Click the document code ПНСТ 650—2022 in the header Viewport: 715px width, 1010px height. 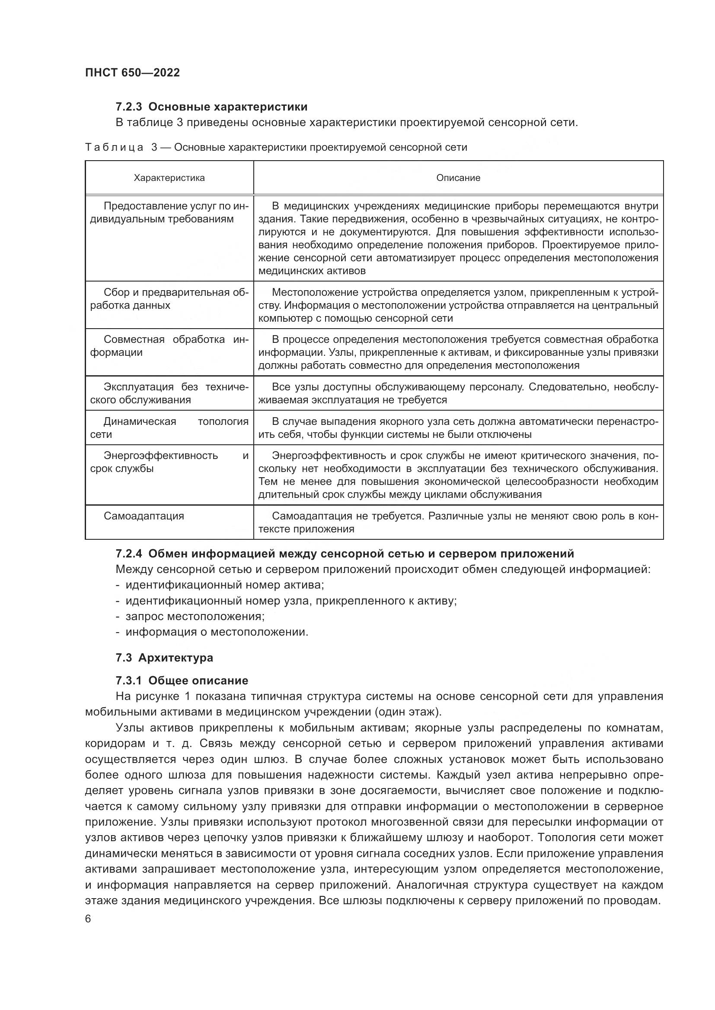click(133, 73)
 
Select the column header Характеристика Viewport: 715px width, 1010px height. click(169, 178)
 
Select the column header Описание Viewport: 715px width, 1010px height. click(458, 178)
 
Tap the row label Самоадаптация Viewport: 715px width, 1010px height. click(144, 516)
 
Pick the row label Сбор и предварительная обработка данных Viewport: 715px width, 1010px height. click(169, 299)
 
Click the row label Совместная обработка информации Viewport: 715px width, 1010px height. click(169, 346)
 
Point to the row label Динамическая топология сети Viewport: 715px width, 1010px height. click(169, 428)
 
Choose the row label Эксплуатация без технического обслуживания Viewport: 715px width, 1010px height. click(169, 393)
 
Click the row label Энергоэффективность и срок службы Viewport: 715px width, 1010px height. click(169, 462)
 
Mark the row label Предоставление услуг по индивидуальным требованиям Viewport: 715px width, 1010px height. click(169, 212)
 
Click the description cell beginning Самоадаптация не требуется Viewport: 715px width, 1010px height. click(458, 522)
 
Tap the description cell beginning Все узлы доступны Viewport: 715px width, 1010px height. click(458, 393)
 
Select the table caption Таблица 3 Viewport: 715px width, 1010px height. click(276, 147)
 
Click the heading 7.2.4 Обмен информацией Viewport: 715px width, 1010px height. click(345, 554)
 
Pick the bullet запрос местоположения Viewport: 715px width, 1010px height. click(195, 616)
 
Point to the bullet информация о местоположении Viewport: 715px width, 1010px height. click(217, 632)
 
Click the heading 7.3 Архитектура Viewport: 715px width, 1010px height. click(164, 658)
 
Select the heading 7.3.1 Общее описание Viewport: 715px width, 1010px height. click(182, 681)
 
